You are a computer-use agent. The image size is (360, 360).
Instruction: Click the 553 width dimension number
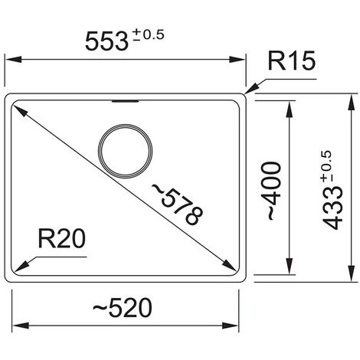106,41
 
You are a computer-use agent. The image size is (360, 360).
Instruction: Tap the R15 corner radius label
292,61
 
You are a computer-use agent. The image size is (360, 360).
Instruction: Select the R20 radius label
61,238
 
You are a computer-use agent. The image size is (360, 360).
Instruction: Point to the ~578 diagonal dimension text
178,205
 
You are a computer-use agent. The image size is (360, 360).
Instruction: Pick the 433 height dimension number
332,208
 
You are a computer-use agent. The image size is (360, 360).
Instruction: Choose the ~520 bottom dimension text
123,307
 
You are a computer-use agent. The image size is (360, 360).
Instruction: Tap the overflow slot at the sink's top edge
126,101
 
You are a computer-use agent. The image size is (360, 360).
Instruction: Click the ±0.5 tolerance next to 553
149,35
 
